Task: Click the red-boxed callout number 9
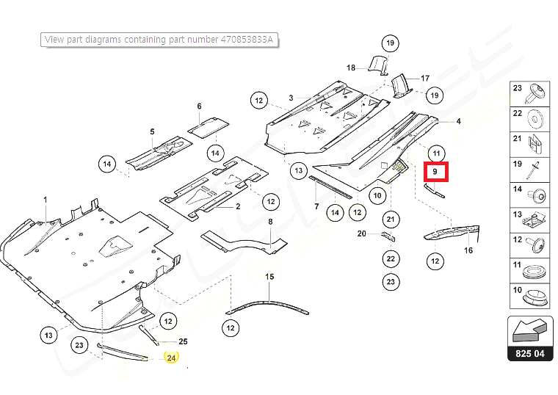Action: coord(435,172)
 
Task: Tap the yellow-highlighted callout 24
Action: coord(172,358)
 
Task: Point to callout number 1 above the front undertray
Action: coord(45,200)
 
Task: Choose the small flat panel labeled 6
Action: coord(208,126)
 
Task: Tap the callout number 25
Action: coord(183,341)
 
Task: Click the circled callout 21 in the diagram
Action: coord(391,220)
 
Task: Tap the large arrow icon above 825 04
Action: coord(529,331)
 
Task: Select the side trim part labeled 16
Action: coord(452,233)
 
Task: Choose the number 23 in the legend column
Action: coord(517,88)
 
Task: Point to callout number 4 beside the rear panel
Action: coord(459,121)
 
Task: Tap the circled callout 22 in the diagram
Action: coord(391,258)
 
